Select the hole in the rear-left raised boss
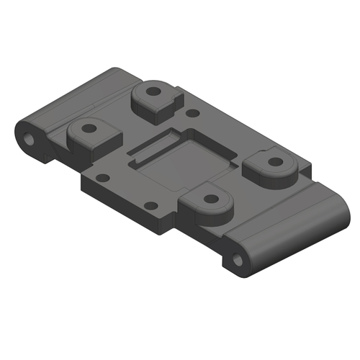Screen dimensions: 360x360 coord(153,92)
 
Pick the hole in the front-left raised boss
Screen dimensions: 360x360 coord(89,130)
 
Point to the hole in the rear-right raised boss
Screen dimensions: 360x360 coord(274,162)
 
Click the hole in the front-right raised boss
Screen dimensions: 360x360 coord(210,198)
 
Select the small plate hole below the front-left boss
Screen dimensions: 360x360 coord(102,177)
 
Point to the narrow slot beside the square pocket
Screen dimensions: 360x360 coord(154,144)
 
